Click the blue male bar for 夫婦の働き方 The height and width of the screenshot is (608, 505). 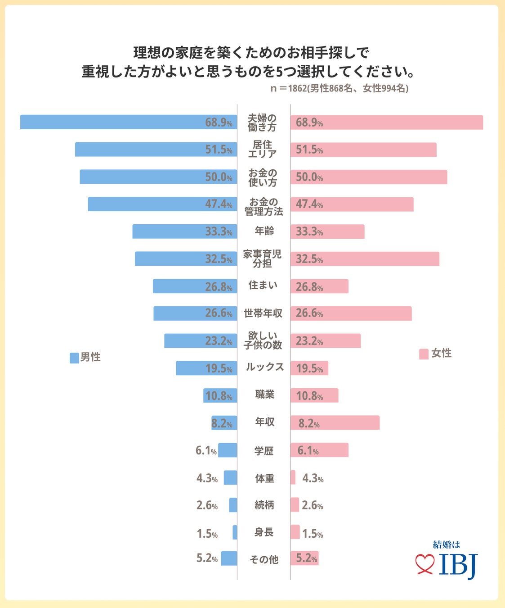pos(128,122)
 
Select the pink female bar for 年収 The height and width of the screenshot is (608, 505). pos(335,423)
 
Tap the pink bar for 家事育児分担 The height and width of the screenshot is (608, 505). pos(365,259)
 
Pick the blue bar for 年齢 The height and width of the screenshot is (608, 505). pos(184,231)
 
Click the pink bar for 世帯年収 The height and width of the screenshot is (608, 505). pos(351,313)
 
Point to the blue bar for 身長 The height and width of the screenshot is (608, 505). pos(235,532)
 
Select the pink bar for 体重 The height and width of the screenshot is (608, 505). pos(293,477)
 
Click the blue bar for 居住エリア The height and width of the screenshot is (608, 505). pos(156,150)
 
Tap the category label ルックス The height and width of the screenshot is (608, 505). pos(264,367)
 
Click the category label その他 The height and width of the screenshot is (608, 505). pos(264,559)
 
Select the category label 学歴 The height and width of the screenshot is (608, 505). pos(264,451)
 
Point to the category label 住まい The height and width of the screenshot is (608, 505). pos(263,285)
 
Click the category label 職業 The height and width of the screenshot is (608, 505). pos(264,395)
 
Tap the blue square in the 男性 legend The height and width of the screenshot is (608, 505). pos(74,358)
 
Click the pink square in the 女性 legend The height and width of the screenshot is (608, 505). pos(424,354)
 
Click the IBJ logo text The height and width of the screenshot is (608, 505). pos(458,565)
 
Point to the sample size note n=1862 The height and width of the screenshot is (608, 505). pos(339,88)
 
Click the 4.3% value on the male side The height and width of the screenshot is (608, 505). pos(207,478)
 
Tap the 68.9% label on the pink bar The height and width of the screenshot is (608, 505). pos(309,123)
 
